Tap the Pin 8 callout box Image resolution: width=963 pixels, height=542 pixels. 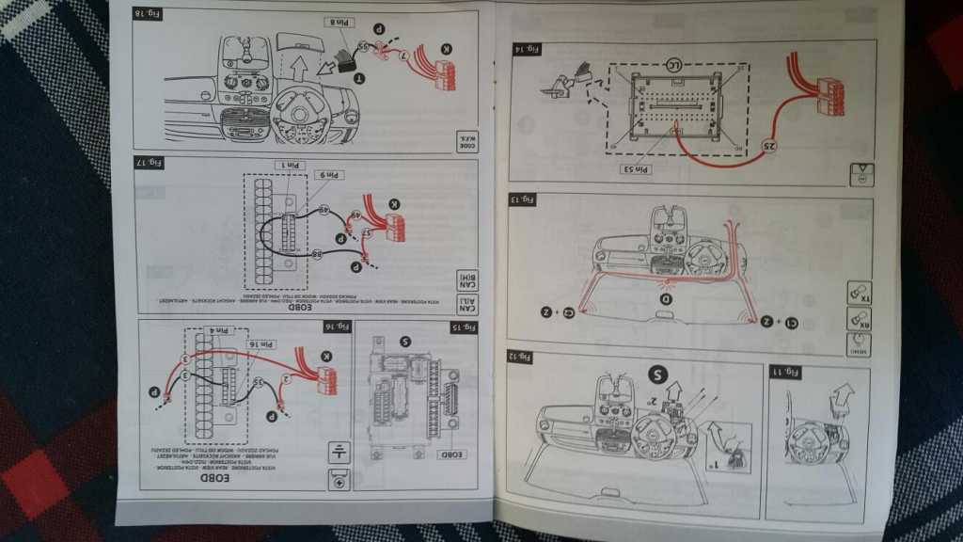pos(339,21)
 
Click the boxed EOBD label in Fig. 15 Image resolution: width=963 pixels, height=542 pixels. pos(451,454)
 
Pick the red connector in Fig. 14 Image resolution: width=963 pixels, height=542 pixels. pos(829,95)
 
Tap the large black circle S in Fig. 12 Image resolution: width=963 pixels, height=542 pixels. pos(659,375)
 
